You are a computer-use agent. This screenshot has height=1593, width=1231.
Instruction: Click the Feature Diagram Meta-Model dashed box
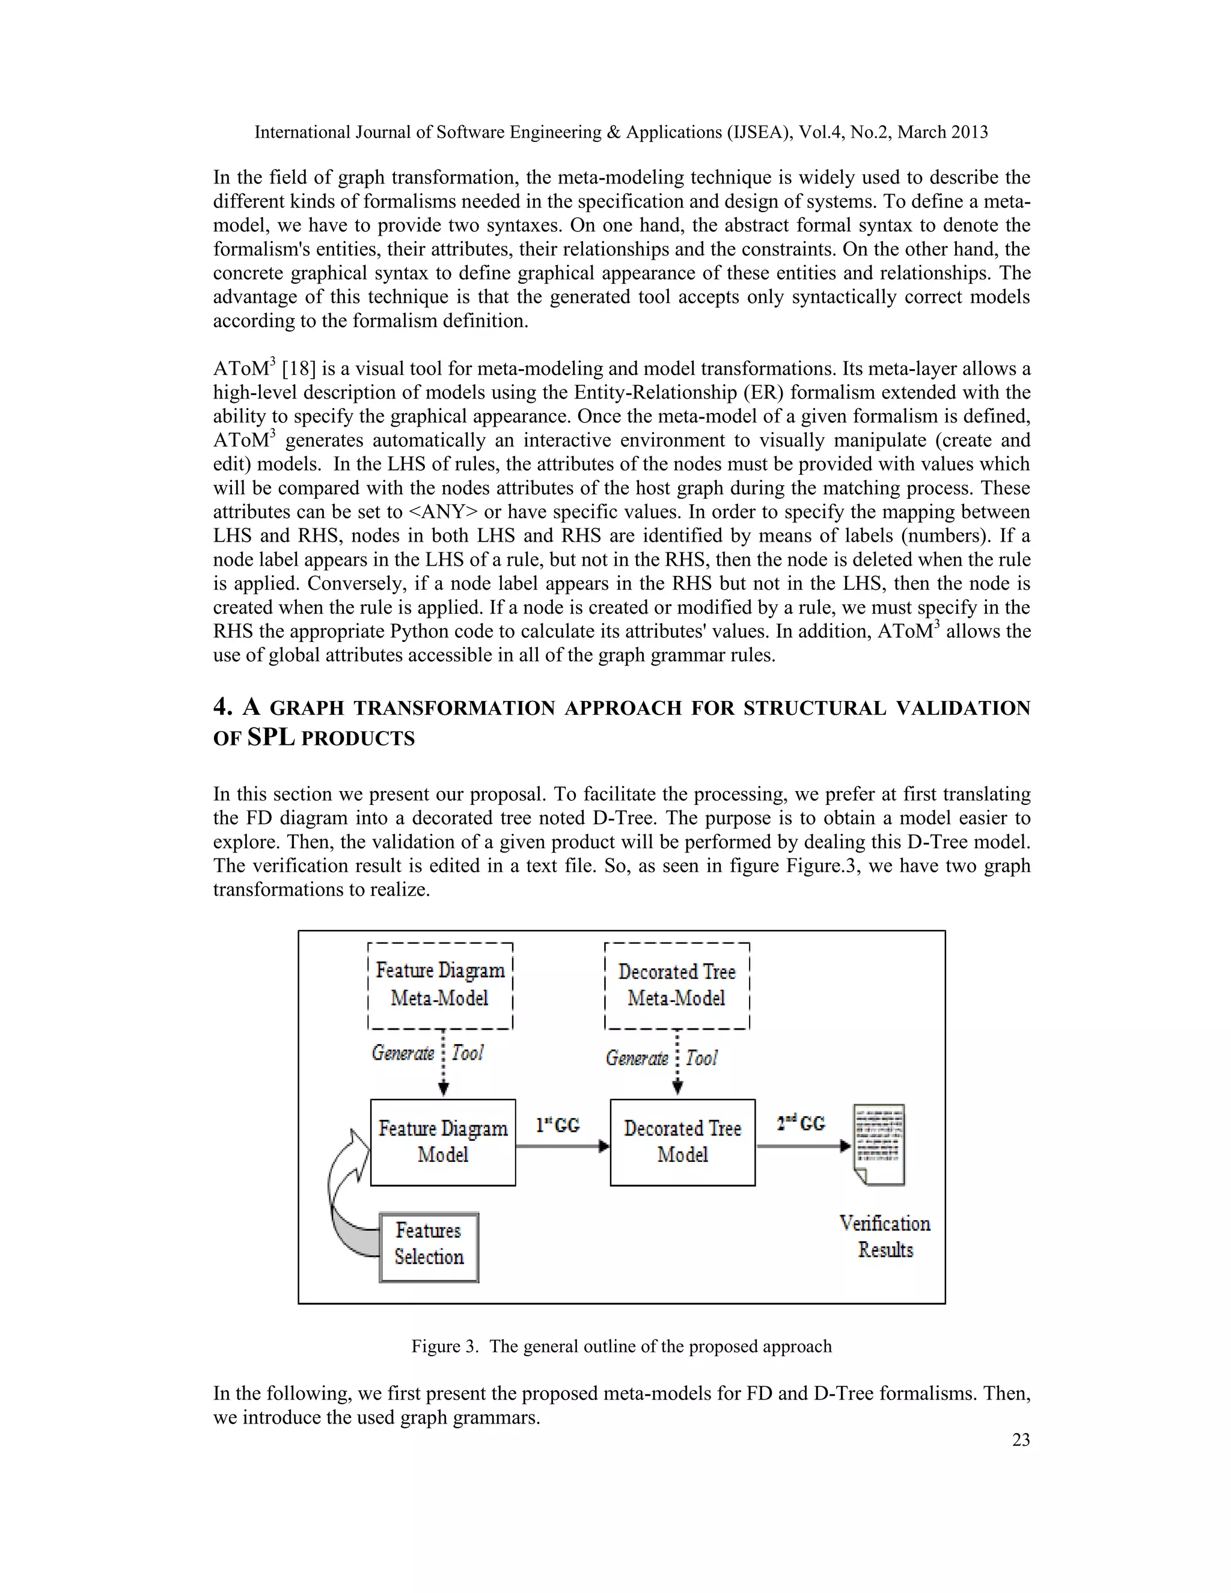pos(440,985)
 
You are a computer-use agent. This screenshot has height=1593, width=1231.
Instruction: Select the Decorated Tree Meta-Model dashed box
pos(677,985)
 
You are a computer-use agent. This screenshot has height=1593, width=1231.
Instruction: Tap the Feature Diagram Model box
pos(442,1142)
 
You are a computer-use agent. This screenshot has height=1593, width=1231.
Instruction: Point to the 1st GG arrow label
pos(558,1125)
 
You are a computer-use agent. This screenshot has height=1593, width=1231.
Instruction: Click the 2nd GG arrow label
pos(801,1122)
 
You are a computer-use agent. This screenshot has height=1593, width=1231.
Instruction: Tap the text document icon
pos(879,1144)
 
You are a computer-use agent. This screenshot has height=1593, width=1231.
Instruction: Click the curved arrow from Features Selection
pos(343,1196)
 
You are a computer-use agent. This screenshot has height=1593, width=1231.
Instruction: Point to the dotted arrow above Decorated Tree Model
pos(677,1061)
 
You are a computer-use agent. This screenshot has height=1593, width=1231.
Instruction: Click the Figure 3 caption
pos(622,1346)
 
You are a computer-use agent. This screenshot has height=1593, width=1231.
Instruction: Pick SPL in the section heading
pos(270,738)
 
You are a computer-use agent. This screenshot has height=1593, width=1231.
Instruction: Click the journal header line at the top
pos(620,132)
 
